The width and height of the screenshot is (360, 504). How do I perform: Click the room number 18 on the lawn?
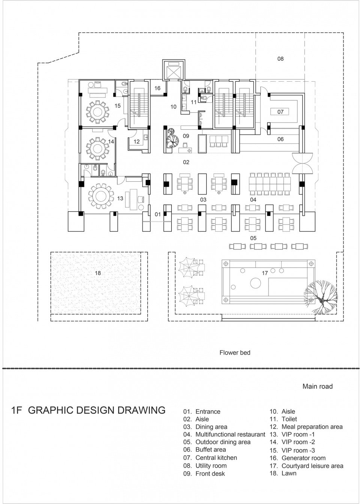[x=97, y=273]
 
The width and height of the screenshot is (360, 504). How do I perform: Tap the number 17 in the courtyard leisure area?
[x=265, y=273]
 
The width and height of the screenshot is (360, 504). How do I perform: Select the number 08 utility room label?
[x=280, y=59]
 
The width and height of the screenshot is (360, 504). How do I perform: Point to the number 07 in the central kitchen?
[x=280, y=112]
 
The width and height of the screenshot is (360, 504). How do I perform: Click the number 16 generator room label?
[x=157, y=88]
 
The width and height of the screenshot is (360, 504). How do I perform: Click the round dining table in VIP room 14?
[x=98, y=147]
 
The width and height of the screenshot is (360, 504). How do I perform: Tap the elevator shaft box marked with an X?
[x=174, y=70]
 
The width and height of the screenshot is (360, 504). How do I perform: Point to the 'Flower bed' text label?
[x=235, y=353]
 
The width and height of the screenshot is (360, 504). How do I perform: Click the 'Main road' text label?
[x=317, y=386]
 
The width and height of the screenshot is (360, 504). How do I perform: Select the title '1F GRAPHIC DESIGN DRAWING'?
[x=88, y=410]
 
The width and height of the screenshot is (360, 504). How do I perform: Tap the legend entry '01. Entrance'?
[x=202, y=411]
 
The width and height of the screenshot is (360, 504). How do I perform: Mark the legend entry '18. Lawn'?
[x=283, y=473]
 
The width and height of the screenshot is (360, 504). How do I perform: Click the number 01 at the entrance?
[x=157, y=214]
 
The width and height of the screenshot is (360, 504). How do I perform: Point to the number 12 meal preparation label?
[x=136, y=142]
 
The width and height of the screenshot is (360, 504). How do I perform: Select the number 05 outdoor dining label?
[x=253, y=238]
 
